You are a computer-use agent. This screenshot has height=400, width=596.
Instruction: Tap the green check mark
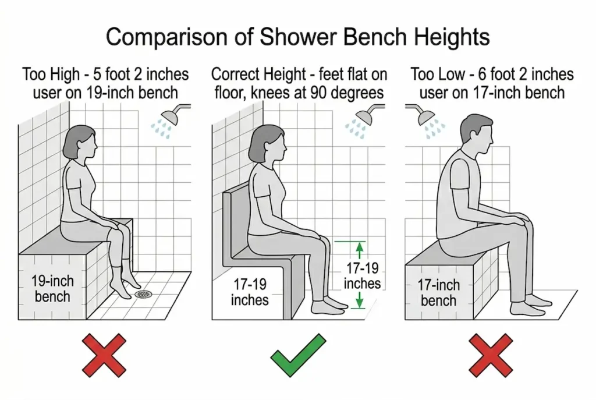click(x=298, y=355)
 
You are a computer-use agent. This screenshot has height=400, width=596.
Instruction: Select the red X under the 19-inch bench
click(x=105, y=355)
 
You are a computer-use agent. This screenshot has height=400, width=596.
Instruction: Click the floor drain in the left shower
click(x=143, y=294)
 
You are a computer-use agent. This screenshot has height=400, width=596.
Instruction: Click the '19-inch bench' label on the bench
click(x=52, y=289)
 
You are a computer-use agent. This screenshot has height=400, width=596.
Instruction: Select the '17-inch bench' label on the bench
click(x=438, y=293)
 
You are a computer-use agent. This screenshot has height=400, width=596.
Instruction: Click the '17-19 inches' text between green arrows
click(x=361, y=276)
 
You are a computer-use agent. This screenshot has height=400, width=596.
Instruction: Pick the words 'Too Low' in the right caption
click(x=436, y=75)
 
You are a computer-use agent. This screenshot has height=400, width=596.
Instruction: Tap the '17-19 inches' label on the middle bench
click(x=250, y=292)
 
